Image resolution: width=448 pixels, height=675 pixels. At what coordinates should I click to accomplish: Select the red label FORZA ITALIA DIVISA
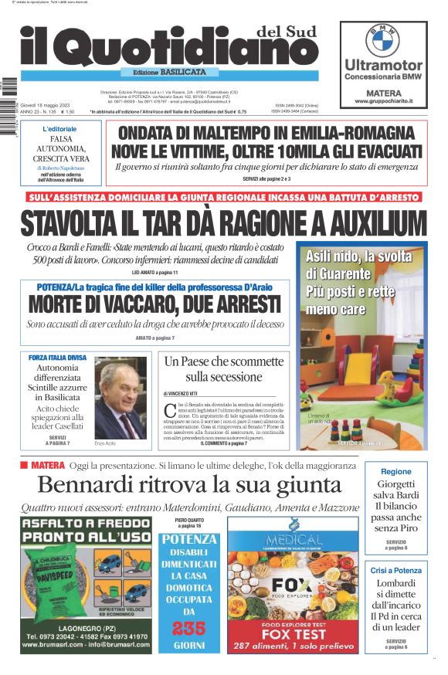pos(58,358)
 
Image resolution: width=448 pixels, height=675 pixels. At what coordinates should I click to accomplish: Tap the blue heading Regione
pos(396,471)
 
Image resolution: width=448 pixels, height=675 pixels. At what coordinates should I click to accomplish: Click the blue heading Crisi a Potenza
pos(396,570)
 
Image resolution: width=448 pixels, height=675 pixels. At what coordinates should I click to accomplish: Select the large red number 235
pos(189,629)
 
